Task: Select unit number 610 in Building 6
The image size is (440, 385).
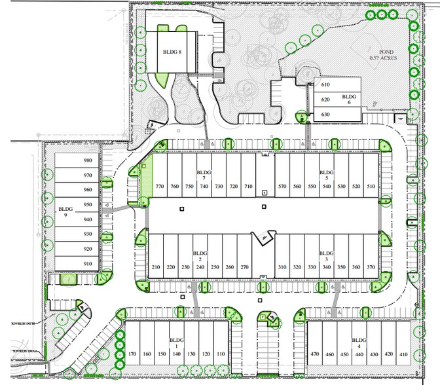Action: click(325, 85)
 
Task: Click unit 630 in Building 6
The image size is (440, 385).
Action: click(325, 115)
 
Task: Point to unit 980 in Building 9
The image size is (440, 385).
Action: click(88, 160)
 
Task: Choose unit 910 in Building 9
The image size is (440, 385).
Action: click(88, 264)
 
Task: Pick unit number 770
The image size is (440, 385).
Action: click(159, 187)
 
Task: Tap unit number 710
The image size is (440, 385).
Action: click(248, 187)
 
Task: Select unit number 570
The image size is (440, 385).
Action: click(282, 187)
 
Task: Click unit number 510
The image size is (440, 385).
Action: click(371, 187)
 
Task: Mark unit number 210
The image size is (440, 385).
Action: click(156, 267)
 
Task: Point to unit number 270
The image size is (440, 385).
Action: click(244, 267)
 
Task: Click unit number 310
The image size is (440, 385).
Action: click(282, 267)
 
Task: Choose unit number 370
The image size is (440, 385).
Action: click(371, 267)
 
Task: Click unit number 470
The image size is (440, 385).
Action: click(315, 354)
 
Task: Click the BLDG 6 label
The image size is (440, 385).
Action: click(350, 99)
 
